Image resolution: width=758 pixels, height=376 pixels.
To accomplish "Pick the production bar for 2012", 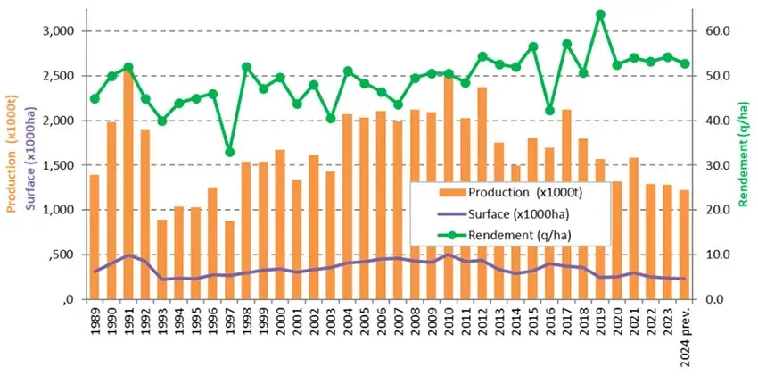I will (482, 193).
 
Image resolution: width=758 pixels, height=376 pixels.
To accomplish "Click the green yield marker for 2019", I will (600, 14).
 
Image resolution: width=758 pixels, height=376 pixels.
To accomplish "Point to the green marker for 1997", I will (229, 152).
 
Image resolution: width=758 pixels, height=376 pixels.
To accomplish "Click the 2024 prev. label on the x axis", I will (685, 339).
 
